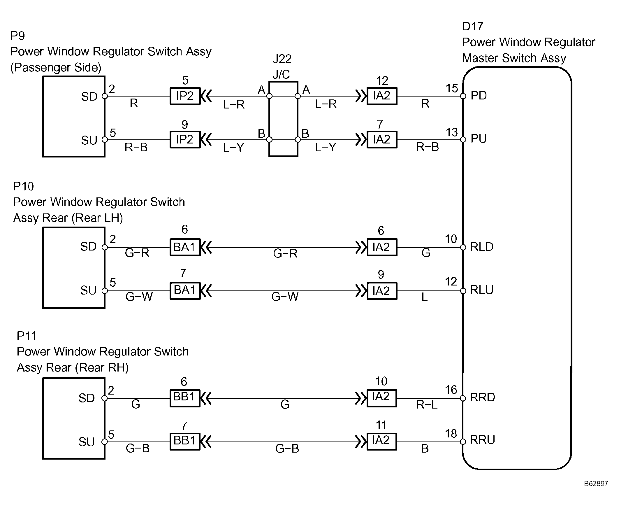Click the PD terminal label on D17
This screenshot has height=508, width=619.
(x=479, y=95)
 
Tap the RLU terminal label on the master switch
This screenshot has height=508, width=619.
(x=481, y=290)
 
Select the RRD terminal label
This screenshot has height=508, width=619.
(x=482, y=397)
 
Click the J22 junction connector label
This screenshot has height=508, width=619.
(x=282, y=59)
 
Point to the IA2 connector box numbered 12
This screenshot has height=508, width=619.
(x=382, y=96)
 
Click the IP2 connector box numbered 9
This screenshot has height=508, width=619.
(x=185, y=139)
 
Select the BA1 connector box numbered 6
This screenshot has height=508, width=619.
(x=185, y=247)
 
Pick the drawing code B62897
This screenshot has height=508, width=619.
(x=596, y=484)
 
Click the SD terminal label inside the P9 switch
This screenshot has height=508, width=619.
(x=89, y=97)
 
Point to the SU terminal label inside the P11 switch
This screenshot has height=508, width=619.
(x=87, y=442)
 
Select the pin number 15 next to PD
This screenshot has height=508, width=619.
(x=452, y=88)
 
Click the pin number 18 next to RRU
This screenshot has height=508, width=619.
(x=451, y=434)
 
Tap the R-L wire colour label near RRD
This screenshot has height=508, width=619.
(x=427, y=404)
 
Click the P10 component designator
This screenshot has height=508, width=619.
(x=24, y=186)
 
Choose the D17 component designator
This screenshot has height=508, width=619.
(x=472, y=26)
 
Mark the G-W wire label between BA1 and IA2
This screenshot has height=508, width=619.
(x=285, y=297)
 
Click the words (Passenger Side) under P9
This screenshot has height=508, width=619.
(x=56, y=67)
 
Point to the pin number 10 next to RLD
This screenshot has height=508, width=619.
(x=451, y=239)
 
